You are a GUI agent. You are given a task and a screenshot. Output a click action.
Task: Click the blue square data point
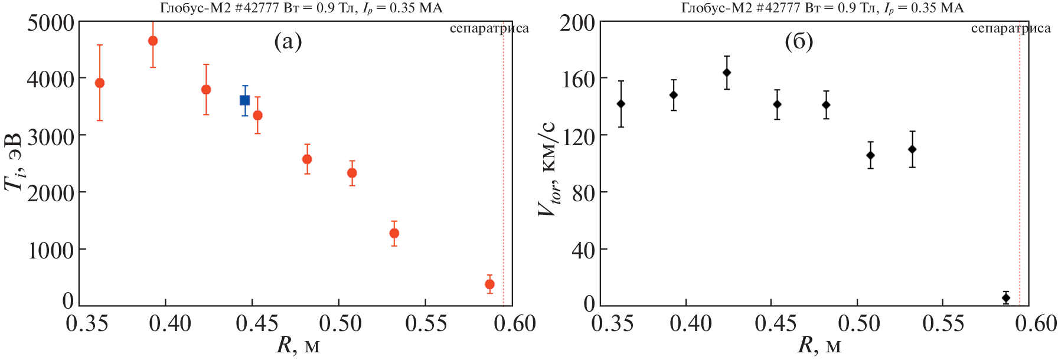[244, 100]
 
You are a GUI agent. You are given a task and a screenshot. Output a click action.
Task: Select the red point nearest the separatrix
[489, 284]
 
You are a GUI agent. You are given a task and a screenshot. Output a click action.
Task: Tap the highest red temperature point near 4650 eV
[153, 41]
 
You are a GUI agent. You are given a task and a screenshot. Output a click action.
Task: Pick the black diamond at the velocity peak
[727, 73]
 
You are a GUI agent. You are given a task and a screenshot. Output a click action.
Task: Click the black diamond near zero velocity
[1006, 298]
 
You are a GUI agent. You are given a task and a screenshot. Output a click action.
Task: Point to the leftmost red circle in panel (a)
[100, 83]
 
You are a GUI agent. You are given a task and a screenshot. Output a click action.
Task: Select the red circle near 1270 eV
[394, 233]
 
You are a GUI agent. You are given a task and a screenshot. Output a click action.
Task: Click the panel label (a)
[288, 41]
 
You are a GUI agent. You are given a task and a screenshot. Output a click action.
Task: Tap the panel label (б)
[799, 41]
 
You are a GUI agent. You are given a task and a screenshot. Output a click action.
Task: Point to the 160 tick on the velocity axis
[577, 79]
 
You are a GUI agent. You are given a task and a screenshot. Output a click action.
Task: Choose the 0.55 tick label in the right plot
[943, 323]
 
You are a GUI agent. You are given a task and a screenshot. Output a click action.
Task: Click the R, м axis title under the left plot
[298, 345]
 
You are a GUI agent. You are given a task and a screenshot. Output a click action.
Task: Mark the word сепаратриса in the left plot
[489, 28]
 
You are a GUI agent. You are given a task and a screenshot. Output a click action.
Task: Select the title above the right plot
[822, 8]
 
